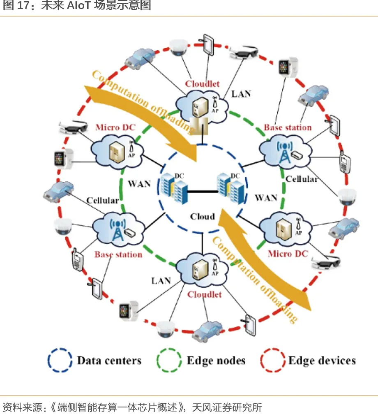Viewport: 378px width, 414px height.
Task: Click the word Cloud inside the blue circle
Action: pyautogui.click(x=203, y=217)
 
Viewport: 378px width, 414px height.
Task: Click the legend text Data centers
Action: pyautogui.click(x=109, y=361)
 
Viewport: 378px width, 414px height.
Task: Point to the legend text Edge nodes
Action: pyautogui.click(x=216, y=361)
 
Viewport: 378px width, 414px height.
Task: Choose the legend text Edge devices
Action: pyautogui.click(x=322, y=361)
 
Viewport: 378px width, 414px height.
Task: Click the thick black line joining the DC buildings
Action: pyautogui.click(x=202, y=191)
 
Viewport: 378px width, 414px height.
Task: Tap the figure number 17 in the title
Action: pyautogui.click(x=24, y=5)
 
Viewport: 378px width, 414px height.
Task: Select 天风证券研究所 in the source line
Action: pyautogui.click(x=227, y=407)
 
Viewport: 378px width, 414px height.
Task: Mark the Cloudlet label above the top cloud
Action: pyautogui.click(x=202, y=84)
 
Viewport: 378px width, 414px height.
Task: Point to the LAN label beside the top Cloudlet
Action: pyautogui.click(x=241, y=94)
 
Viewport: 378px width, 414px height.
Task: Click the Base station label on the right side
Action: pyautogui.click(x=288, y=127)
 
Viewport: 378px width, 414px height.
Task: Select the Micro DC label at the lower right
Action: pyautogui.click(x=288, y=254)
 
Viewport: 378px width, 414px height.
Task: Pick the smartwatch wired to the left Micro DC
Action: pyautogui.click(x=63, y=158)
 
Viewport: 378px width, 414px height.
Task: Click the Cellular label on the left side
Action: pyautogui.click(x=103, y=201)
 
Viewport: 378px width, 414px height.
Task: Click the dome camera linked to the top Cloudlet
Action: pyautogui.click(x=178, y=48)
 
